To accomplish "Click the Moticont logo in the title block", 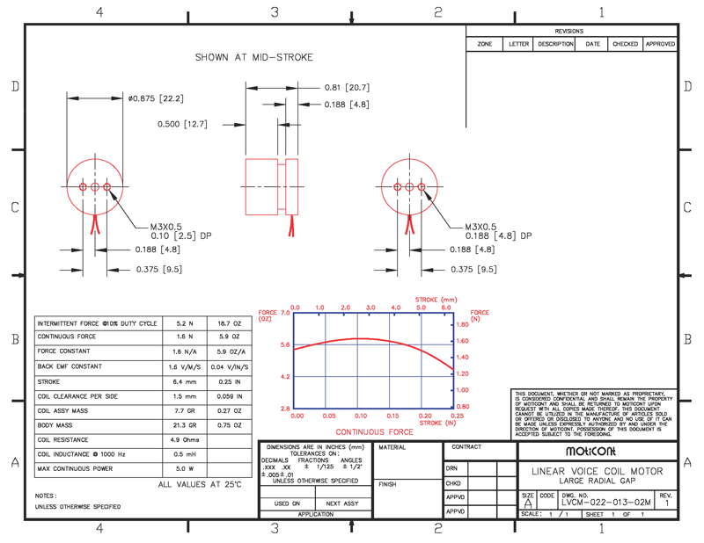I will pyautogui.click(x=598, y=451).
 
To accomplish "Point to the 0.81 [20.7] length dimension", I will pyautogui.click(x=347, y=88).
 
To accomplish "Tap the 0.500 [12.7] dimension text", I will pyautogui.click(x=182, y=124).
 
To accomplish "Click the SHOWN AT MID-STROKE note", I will pyautogui.click(x=253, y=57).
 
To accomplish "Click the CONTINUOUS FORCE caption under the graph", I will pyautogui.click(x=374, y=431).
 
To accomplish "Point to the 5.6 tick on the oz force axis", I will pyautogui.click(x=285, y=345).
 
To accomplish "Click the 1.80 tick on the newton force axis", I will pyautogui.click(x=463, y=325).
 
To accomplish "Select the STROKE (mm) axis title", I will pyautogui.click(x=436, y=300).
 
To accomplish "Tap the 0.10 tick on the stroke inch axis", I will pyautogui.click(x=361, y=416).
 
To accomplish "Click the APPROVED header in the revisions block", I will pyautogui.click(x=660, y=44).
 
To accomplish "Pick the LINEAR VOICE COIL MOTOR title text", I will pyautogui.click(x=598, y=471).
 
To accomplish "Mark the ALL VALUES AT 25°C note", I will pyautogui.click(x=200, y=484).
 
